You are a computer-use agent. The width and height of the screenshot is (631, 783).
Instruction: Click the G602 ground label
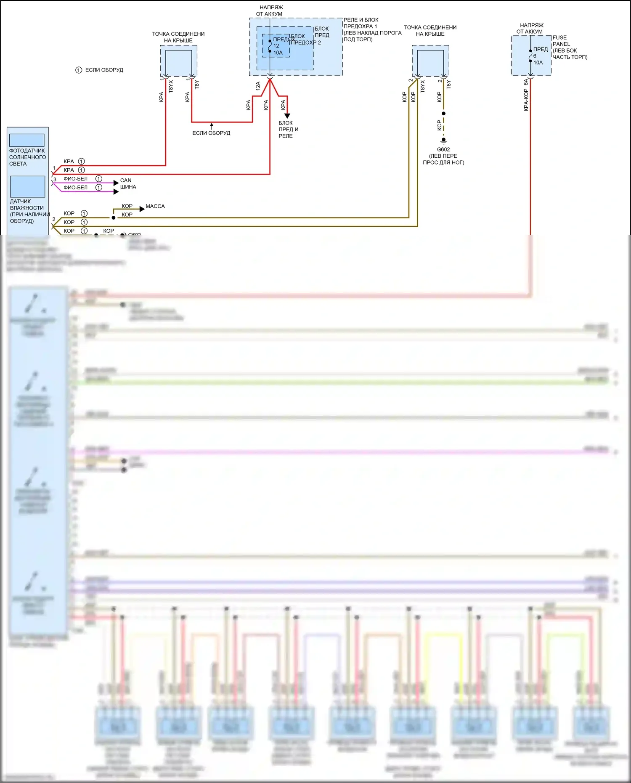coord(443,149)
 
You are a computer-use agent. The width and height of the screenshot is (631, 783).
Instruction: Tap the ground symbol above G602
coord(443,141)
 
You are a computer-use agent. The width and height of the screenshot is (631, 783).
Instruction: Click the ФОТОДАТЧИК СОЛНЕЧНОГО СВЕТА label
coord(27,157)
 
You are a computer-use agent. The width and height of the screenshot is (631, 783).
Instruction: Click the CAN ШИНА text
coord(128,183)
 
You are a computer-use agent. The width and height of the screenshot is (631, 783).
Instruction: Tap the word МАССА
coord(155,206)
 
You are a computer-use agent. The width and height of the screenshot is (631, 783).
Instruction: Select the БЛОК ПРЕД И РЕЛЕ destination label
coord(288,129)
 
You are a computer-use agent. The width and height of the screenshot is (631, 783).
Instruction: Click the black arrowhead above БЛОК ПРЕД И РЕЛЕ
coord(287,116)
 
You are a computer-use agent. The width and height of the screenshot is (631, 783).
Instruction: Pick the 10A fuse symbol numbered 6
coord(530,56)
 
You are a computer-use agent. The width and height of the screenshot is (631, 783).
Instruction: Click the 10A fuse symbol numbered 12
coord(270,46)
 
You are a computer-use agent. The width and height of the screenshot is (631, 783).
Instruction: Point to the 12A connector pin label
coord(258,86)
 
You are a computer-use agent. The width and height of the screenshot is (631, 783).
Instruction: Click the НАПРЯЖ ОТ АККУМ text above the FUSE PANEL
coord(531,28)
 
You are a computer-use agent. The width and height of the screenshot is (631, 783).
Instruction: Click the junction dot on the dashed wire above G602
coord(443,114)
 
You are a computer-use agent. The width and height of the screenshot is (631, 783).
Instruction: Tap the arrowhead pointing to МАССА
coord(142,209)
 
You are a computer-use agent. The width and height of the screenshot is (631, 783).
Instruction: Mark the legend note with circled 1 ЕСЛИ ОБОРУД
coord(99,70)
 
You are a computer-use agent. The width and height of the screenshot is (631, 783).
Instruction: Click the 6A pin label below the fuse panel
coord(526,82)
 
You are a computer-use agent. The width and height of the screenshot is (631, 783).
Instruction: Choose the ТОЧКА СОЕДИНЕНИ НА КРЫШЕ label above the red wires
coord(178,37)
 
